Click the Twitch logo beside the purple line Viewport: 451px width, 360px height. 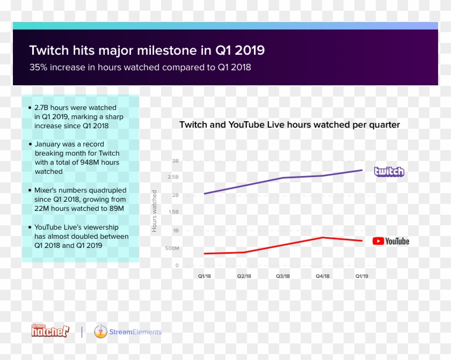point(389,172)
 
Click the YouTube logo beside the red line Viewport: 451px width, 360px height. point(390,241)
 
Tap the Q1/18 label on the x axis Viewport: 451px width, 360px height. point(205,276)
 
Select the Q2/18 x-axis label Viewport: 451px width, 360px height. point(244,276)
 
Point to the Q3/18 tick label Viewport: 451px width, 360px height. point(283,276)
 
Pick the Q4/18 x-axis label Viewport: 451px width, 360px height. point(322,276)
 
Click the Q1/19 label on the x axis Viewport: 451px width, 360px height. point(362,276)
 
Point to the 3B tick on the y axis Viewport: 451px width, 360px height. point(175,161)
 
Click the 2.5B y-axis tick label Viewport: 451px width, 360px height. point(173,177)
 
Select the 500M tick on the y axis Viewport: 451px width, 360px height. point(172,248)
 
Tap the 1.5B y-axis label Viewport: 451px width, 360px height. point(173,212)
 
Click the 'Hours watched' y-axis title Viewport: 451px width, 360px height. point(155,211)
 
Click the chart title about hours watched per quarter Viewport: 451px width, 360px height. point(289,124)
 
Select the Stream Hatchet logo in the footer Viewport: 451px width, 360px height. point(50,332)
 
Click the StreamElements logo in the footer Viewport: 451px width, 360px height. point(128,332)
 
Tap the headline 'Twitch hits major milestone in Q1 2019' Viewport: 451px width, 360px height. point(147,50)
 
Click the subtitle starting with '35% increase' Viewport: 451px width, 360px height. point(140,68)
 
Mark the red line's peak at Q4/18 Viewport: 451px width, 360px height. point(322,237)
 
